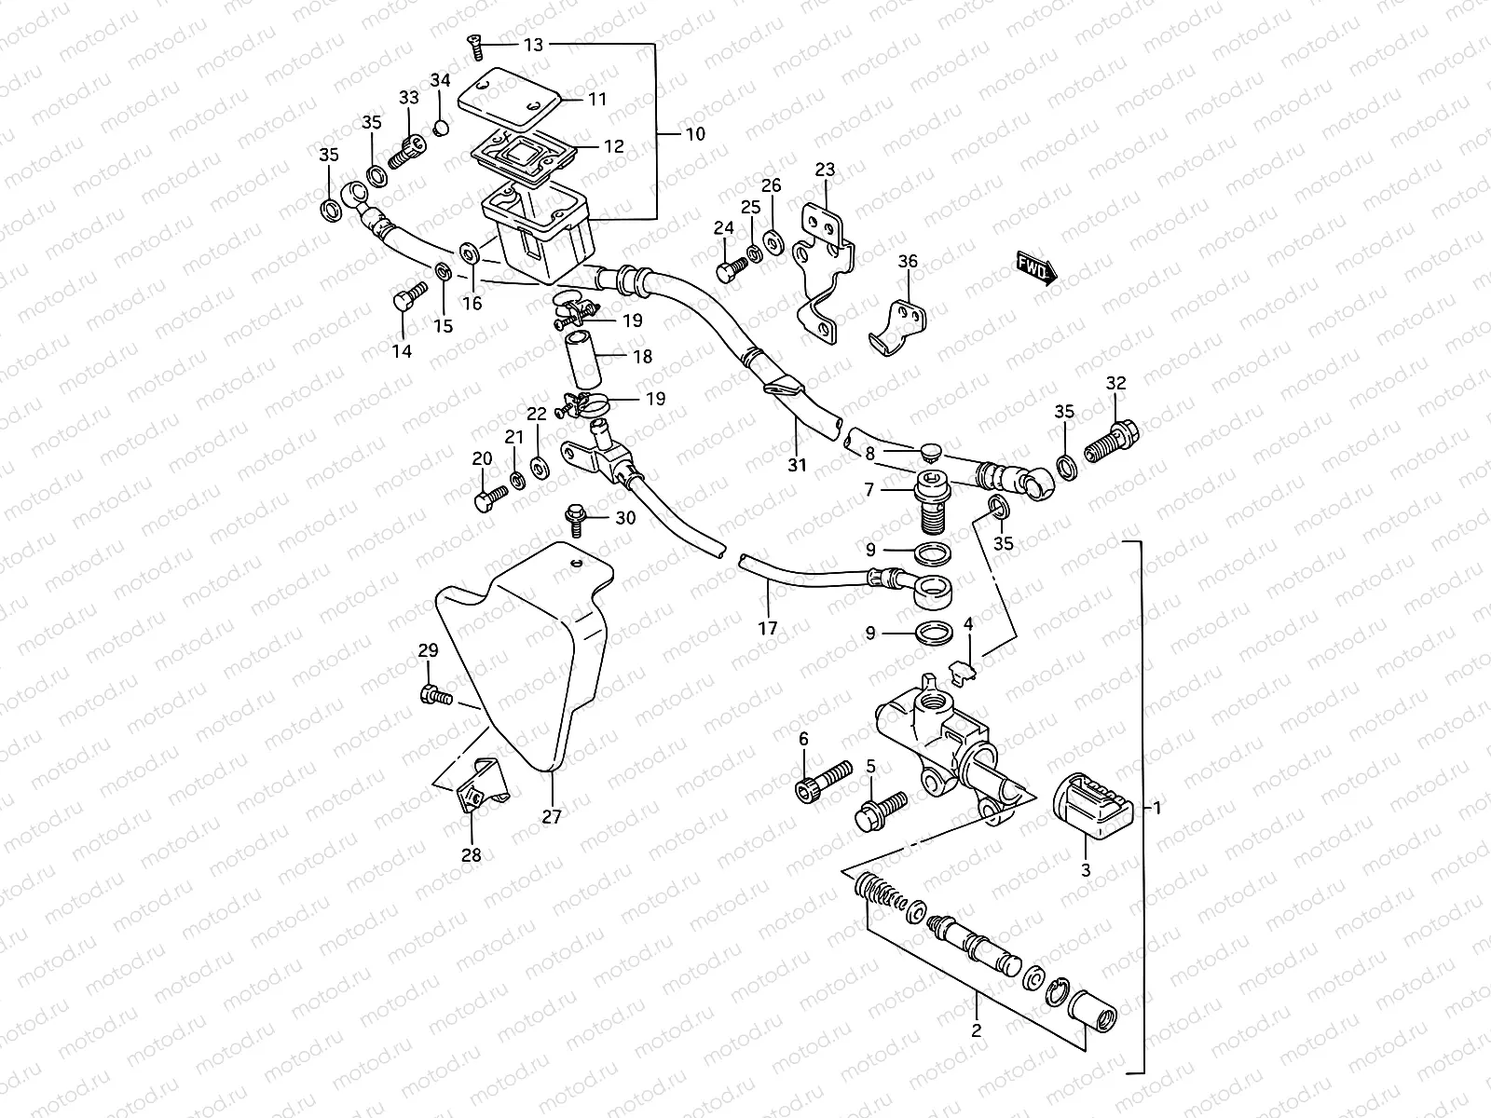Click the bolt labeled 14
point(405,301)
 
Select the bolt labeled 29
point(434,694)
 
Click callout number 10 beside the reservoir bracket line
point(695,133)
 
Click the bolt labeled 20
point(486,498)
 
